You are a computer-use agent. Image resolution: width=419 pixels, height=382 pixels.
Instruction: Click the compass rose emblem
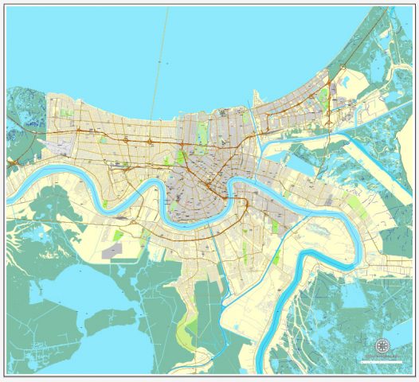tap(383, 347)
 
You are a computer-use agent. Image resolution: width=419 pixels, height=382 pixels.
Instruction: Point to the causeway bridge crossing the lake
tap(162, 64)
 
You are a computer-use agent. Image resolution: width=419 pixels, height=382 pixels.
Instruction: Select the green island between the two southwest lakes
tap(102, 322)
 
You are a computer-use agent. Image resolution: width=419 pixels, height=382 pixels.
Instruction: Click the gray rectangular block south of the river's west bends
tap(113, 251)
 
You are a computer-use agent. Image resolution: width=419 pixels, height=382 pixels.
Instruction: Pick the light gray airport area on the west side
tap(60, 145)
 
